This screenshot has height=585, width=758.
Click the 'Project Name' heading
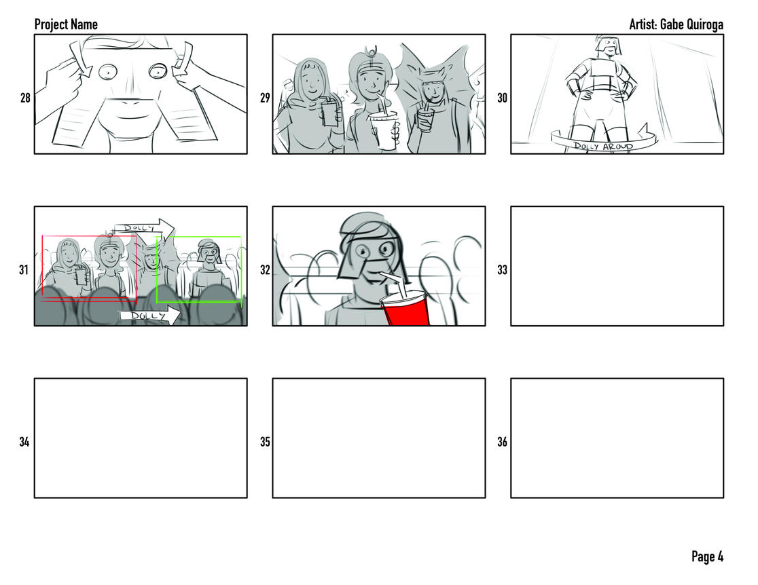pyautogui.click(x=66, y=24)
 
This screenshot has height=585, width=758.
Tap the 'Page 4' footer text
pyautogui.click(x=707, y=556)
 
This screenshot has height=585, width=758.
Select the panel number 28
pyautogui.click(x=25, y=98)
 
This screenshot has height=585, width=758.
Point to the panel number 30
pyautogui.click(x=502, y=98)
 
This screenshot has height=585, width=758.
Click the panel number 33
pyautogui.click(x=502, y=269)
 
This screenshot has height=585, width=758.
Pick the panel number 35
pyautogui.click(x=265, y=442)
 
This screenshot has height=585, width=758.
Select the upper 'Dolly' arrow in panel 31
pyautogui.click(x=144, y=227)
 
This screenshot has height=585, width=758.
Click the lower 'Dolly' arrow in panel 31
pyautogui.click(x=150, y=316)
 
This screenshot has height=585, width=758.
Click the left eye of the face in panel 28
pyautogui.click(x=108, y=72)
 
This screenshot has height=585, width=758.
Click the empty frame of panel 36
pyautogui.click(x=617, y=438)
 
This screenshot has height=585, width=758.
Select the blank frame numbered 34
pyautogui.click(x=141, y=438)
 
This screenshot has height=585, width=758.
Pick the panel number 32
pyautogui.click(x=265, y=269)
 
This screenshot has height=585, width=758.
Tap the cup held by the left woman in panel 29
pyautogui.click(x=329, y=113)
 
